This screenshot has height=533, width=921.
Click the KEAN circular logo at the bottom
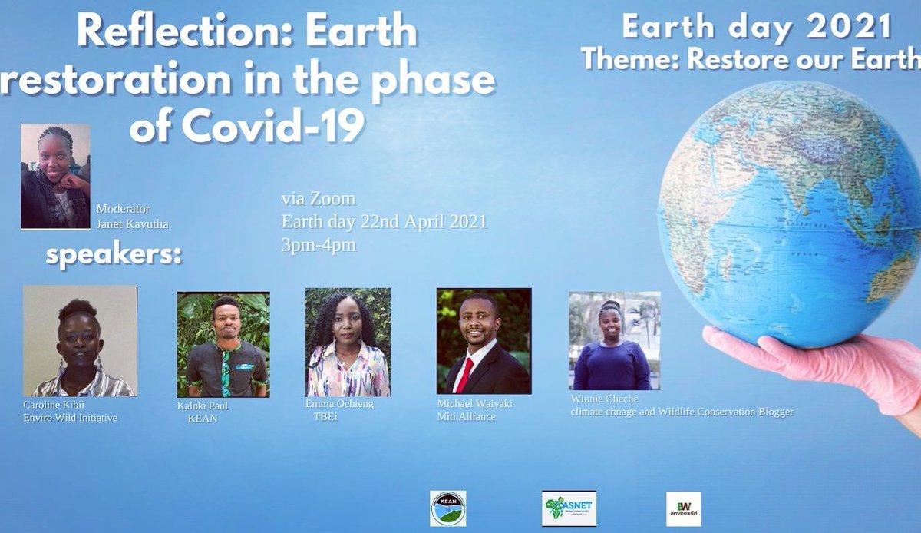pyautogui.click(x=447, y=508)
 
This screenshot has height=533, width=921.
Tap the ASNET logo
pyautogui.click(x=569, y=508)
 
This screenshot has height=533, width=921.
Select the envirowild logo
pyautogui.click(x=683, y=508)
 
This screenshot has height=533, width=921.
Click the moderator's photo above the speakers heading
pyautogui.click(x=55, y=176)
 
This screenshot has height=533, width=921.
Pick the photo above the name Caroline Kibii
pyautogui.click(x=80, y=341)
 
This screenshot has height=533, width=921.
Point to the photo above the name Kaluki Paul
pyautogui.click(x=223, y=343)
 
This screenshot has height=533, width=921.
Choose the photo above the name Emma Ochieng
pyautogui.click(x=348, y=342)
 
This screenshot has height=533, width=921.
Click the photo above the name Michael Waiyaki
pyautogui.click(x=484, y=341)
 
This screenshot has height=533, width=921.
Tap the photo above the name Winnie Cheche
pyautogui.click(x=614, y=341)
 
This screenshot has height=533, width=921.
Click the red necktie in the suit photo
pyautogui.click(x=466, y=374)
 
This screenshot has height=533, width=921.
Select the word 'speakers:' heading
pyautogui.click(x=114, y=256)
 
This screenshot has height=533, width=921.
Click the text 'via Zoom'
pyautogui.click(x=319, y=199)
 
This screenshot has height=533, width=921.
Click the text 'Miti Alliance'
pyautogui.click(x=466, y=416)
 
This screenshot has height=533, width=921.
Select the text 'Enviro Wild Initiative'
pyautogui.click(x=71, y=418)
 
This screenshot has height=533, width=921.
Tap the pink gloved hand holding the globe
pyautogui.click(x=814, y=361)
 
